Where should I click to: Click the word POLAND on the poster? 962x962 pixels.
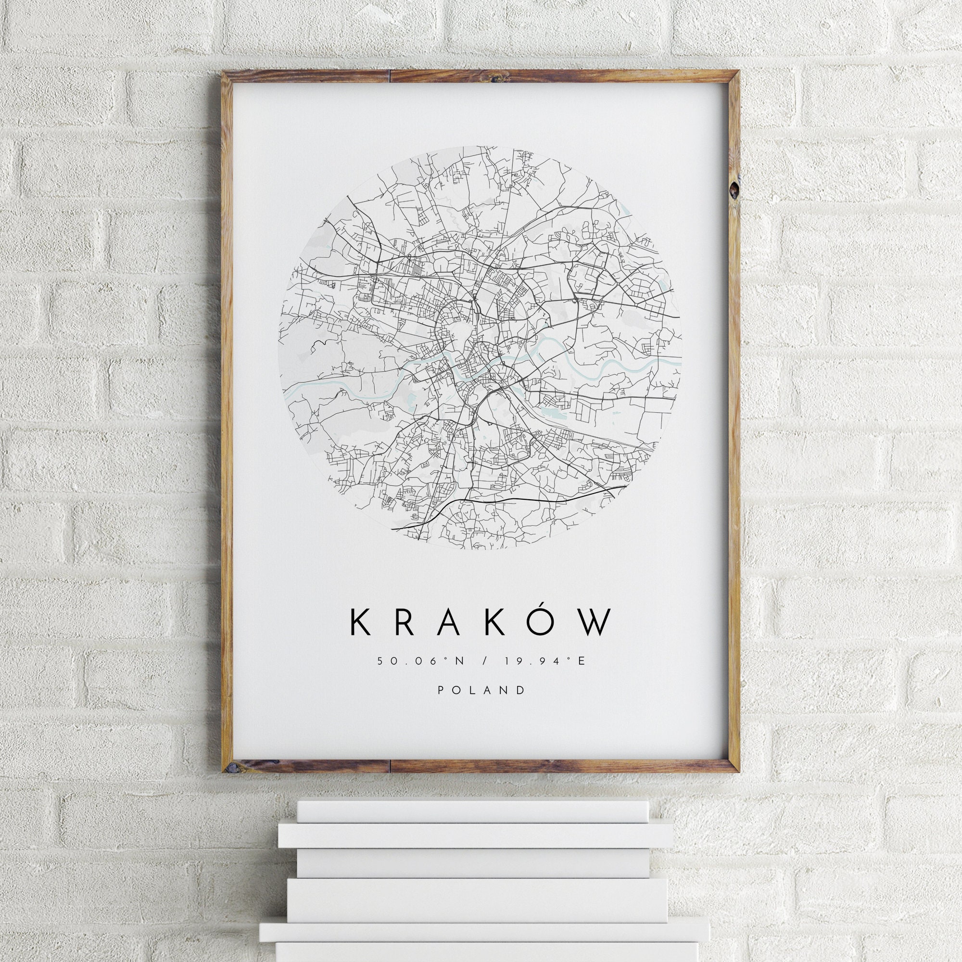click(x=481, y=690)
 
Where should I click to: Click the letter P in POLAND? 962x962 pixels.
click(x=441, y=690)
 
